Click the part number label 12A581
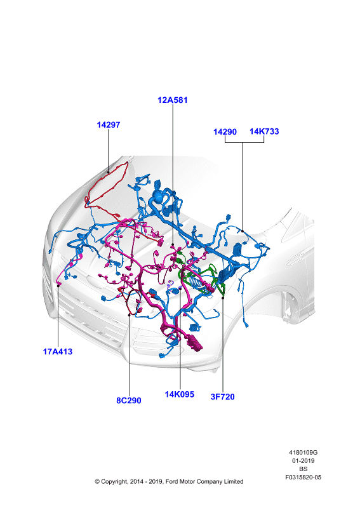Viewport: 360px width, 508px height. (x=173, y=100)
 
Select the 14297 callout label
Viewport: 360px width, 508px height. (x=108, y=124)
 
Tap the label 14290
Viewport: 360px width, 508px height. (x=225, y=132)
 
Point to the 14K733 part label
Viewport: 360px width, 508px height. (x=264, y=131)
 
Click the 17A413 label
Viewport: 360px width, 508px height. (x=58, y=352)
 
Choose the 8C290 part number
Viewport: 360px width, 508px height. (x=129, y=401)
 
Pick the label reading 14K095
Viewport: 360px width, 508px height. (x=180, y=394)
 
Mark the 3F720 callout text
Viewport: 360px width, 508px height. (x=223, y=396)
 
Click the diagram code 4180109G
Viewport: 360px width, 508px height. (x=303, y=453)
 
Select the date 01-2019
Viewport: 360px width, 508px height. (x=303, y=461)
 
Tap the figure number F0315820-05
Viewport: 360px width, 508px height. (x=303, y=478)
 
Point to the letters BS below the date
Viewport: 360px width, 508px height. (x=303, y=469)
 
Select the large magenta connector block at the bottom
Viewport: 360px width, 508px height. (x=194, y=343)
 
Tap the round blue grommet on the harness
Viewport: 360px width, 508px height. (x=158, y=196)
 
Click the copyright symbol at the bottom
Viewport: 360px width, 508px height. (x=97, y=482)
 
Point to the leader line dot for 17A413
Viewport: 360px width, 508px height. (x=58, y=286)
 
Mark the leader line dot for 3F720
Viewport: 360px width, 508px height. (x=223, y=298)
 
